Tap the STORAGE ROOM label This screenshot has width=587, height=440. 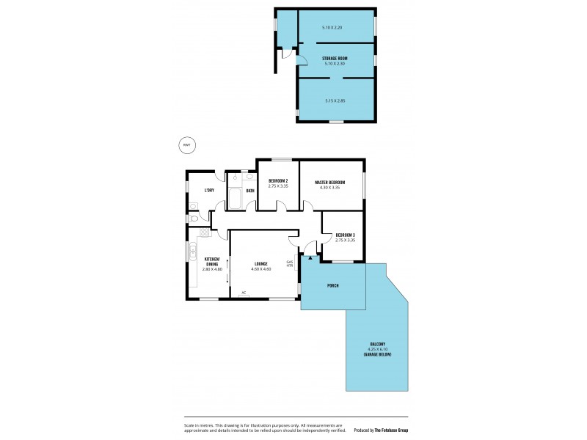(335, 58)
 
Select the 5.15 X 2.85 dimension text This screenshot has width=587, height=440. (335, 100)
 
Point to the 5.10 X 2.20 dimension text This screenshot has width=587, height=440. (332, 28)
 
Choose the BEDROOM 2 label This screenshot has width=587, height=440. (277, 181)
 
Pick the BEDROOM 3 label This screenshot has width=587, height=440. (345, 235)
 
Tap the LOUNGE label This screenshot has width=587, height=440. (260, 263)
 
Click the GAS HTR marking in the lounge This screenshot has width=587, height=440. (289, 263)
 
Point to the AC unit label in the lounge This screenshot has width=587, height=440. (244, 293)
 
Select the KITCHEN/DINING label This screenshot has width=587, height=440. (211, 261)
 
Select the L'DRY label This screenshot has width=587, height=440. (209, 191)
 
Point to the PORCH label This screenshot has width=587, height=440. (332, 285)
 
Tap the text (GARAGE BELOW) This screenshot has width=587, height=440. (377, 355)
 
